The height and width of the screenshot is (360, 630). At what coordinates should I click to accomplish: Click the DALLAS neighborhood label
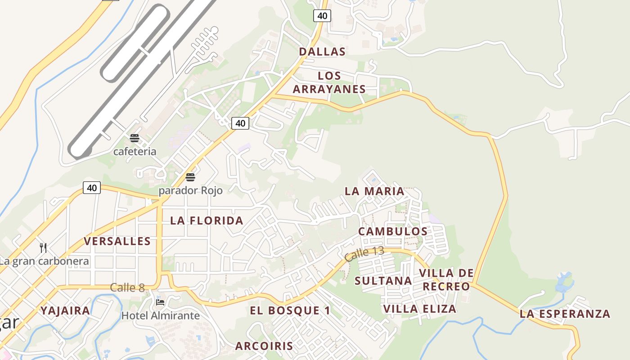322,52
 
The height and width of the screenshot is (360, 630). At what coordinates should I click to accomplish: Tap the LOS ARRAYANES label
329,82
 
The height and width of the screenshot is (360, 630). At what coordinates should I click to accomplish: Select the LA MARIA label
374,191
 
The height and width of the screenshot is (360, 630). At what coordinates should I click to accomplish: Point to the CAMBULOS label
393,231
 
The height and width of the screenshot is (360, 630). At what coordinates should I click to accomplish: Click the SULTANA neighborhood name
383,281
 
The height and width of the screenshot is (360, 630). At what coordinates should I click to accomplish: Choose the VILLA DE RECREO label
446,279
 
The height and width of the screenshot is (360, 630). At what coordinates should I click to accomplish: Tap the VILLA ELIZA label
420,309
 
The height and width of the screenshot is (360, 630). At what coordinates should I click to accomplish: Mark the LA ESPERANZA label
565,314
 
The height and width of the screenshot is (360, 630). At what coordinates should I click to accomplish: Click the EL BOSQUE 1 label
290,310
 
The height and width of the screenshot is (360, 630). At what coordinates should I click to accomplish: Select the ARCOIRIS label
264,346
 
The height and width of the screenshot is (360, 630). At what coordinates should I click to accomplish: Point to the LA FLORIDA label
207,220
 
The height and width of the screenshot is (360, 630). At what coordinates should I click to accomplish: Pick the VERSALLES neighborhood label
117,241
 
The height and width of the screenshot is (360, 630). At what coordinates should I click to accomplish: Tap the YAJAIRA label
66,310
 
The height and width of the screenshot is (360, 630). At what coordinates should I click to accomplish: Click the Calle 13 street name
364,254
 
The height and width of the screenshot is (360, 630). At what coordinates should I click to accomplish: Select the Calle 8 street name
127,288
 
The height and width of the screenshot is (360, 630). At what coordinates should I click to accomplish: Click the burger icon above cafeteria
134,138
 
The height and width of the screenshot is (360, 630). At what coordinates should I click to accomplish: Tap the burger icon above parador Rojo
190,177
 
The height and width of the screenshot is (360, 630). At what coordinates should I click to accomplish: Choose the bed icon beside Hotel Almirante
160,302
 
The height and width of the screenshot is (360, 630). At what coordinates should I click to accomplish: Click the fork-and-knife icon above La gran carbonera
43,247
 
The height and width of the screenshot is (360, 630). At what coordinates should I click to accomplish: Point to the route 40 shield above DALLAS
322,16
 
